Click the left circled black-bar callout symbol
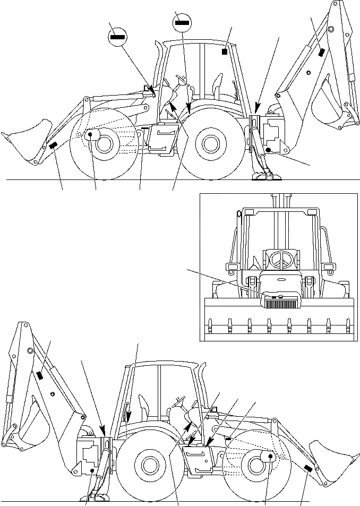[x=117, y=37]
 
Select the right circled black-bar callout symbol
[x=182, y=22]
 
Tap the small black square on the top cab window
[x=225, y=52]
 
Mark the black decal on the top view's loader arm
[x=53, y=147]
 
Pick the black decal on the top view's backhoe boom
[x=321, y=53]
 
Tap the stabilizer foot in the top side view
[x=263, y=176]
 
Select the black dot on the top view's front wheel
[x=90, y=135]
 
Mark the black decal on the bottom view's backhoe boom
[x=39, y=375]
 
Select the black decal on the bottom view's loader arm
[x=307, y=468]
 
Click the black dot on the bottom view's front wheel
[x=270, y=456]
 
